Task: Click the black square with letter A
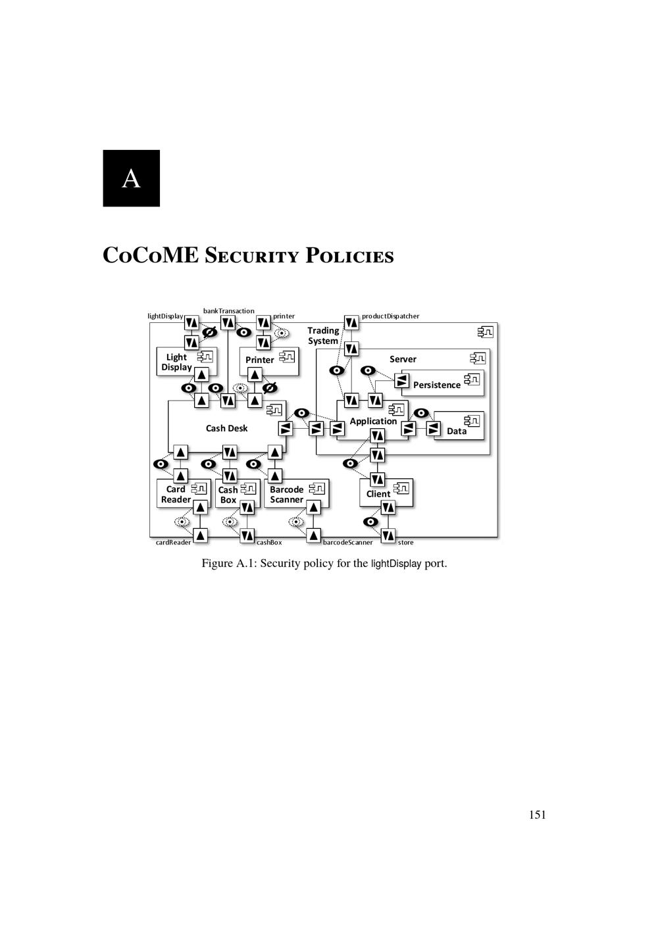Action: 131,178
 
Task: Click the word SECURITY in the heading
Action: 252,255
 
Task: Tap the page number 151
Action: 537,815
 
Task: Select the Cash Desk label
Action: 227,428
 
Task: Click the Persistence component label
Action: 437,385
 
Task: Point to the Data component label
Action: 457,431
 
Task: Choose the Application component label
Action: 373,422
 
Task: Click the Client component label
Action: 378,494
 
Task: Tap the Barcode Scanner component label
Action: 287,495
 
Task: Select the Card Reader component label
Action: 176,494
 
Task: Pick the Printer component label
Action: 260,360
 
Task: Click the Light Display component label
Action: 176,362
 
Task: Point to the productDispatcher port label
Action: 390,316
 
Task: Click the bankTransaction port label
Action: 228,311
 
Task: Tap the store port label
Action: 405,542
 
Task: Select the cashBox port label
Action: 269,542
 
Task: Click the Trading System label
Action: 323,335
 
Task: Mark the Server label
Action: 403,359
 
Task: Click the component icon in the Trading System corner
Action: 485,332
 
